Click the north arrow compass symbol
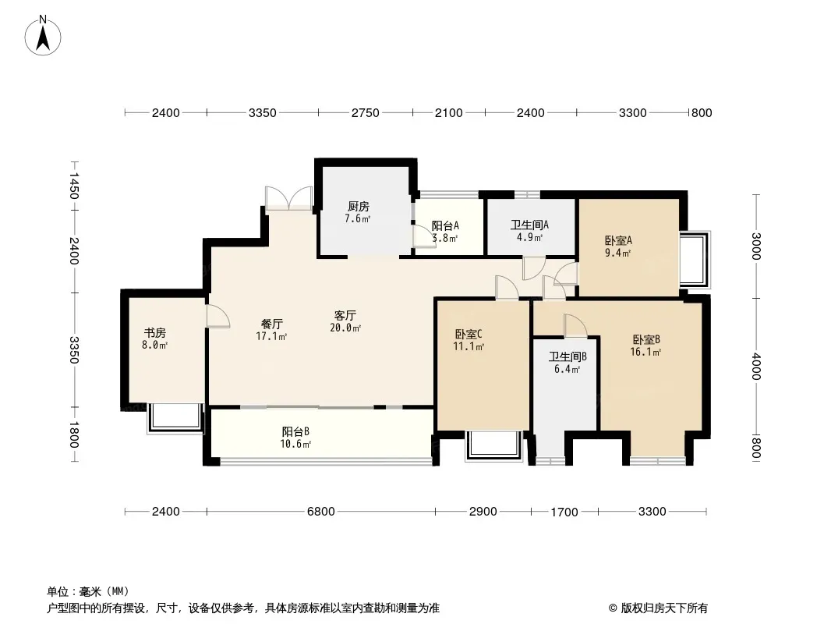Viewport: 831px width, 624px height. click(43, 36)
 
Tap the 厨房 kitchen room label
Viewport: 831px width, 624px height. click(359, 206)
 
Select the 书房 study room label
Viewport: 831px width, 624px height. click(155, 333)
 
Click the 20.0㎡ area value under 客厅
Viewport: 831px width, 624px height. click(345, 328)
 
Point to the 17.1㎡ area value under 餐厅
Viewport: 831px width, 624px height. click(271, 337)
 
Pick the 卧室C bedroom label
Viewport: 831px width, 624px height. click(469, 335)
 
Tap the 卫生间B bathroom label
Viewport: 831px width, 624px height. click(567, 356)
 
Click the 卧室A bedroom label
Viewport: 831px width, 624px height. click(618, 241)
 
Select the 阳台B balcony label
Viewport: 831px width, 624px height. click(295, 431)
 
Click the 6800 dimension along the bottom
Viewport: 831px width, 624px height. click(320, 512)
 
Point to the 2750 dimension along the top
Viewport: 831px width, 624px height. click(365, 113)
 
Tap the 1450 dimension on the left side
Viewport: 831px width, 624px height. click(73, 186)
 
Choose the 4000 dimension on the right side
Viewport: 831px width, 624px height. click(756, 367)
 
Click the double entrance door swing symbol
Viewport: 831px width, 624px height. click(289, 199)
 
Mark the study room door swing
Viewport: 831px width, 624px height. click(217, 317)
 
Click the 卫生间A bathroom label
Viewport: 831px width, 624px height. click(529, 225)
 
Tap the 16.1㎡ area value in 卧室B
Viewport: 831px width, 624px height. click(645, 352)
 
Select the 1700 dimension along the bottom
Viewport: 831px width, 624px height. click(564, 512)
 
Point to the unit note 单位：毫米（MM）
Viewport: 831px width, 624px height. click(88, 592)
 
